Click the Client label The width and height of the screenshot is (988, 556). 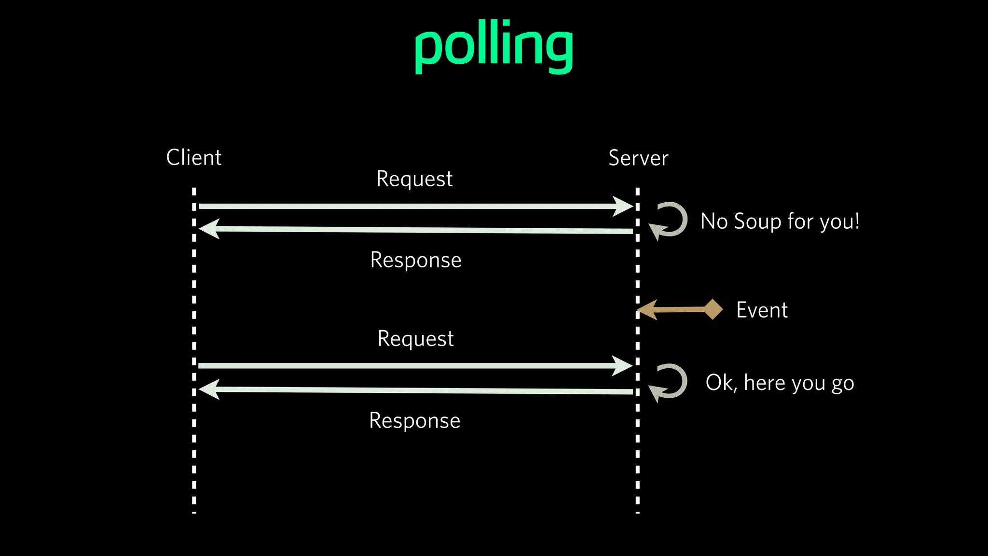pos(193,158)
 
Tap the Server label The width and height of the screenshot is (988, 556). pos(638,158)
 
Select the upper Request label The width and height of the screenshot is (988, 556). pos(414,179)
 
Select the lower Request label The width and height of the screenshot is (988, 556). pos(415,339)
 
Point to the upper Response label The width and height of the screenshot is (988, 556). pos(415,260)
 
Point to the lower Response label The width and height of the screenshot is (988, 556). pos(414,421)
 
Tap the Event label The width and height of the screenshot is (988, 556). pos(762,310)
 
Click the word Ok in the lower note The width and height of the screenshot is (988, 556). pos(720,383)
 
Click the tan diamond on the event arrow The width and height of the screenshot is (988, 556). pos(713,309)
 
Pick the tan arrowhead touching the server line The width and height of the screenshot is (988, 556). pos(648,310)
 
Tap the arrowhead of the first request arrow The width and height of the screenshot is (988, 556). pos(623,206)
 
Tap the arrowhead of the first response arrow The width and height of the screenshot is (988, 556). pos(209,228)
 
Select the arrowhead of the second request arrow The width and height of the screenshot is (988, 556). pos(622,366)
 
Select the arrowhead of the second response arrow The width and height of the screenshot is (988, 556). pos(209,389)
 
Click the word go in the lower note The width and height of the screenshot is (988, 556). pos(843,384)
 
